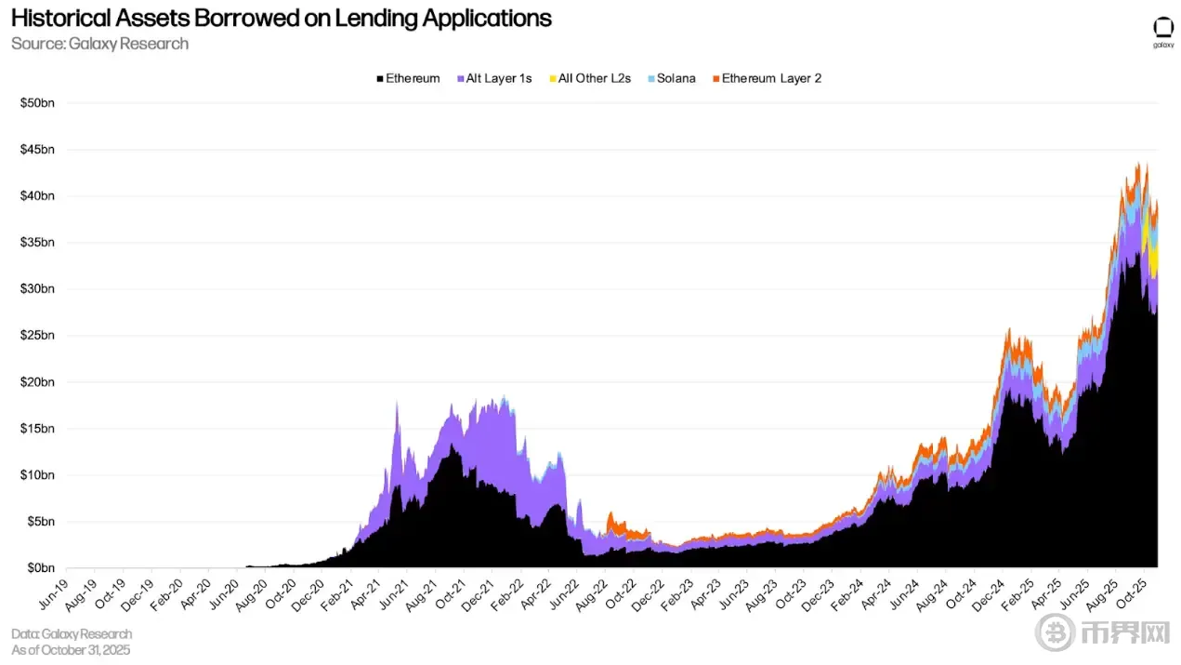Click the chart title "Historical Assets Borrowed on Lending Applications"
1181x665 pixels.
point(281,19)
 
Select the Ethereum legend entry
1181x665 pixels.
point(409,78)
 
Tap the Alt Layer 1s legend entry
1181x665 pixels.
point(494,78)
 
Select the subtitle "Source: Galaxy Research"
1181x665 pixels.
point(100,44)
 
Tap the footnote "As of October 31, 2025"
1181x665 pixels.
point(71,649)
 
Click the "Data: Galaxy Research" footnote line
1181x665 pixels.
point(72,633)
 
